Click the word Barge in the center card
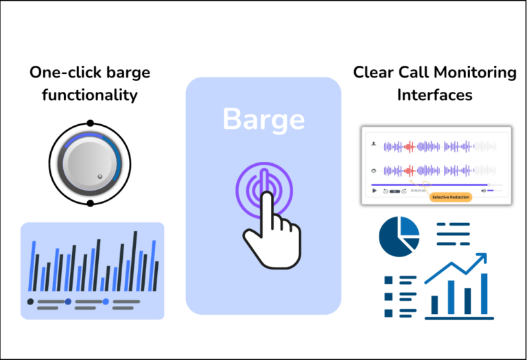tap(263, 119)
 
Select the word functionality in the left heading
tap(89, 94)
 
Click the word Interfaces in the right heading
tap(434, 94)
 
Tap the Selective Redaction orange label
tap(451, 197)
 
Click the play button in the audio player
tap(375, 191)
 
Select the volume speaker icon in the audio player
tap(483, 191)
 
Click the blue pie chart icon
tap(399, 235)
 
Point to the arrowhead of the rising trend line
tap(482, 259)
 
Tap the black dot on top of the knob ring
tap(90, 123)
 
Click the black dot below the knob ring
tap(90, 204)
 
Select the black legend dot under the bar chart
tap(30, 302)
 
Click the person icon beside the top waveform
tap(373, 145)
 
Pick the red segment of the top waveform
tap(410, 146)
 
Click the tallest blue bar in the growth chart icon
tap(484, 294)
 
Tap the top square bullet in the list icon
tap(388, 280)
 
